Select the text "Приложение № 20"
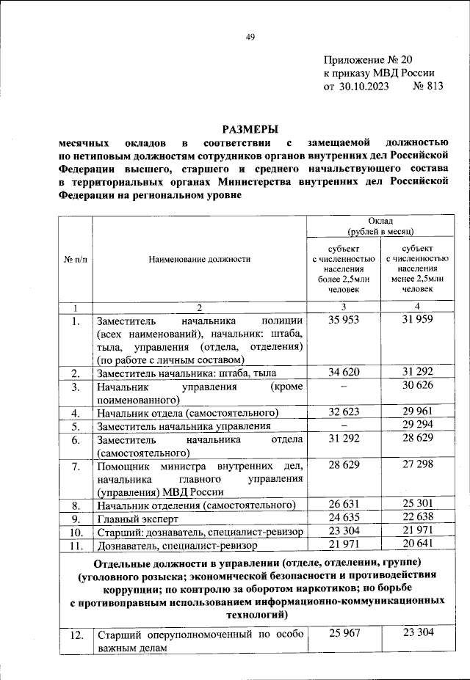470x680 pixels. click(369, 60)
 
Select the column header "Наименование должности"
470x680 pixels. click(199, 259)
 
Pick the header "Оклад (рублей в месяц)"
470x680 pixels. click(381, 226)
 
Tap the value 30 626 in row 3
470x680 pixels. click(416, 387)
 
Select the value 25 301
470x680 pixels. click(416, 505)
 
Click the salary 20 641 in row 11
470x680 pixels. click(416, 545)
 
